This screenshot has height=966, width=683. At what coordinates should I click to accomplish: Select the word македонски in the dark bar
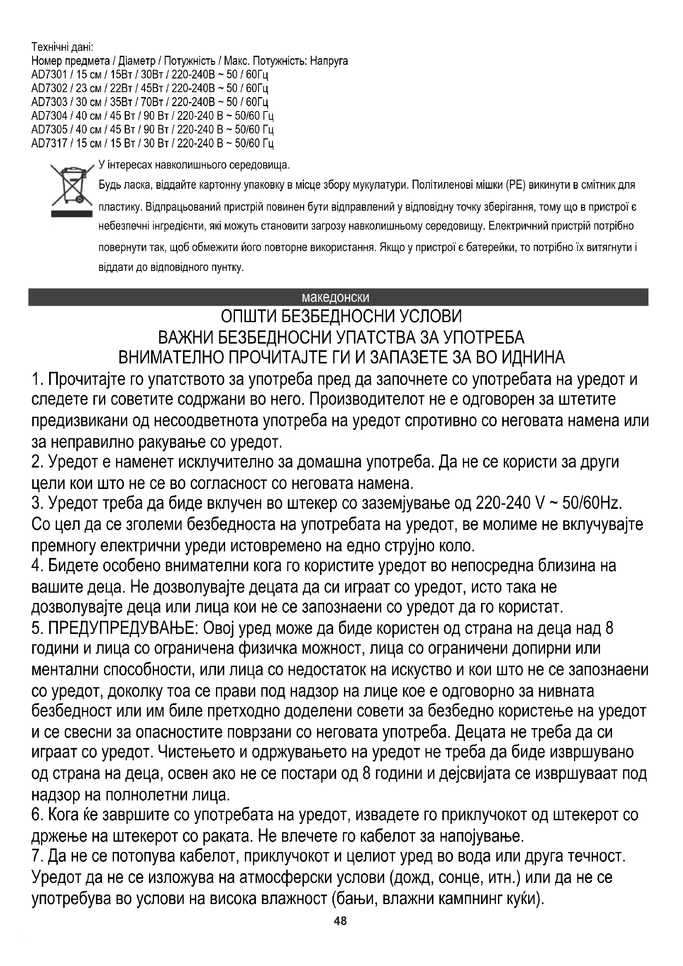coord(335,298)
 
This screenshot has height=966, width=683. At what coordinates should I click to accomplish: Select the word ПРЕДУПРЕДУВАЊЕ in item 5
coord(123,629)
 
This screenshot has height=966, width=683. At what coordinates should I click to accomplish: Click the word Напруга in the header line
coord(329,61)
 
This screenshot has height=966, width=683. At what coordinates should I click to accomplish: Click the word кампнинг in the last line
coord(477,898)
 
